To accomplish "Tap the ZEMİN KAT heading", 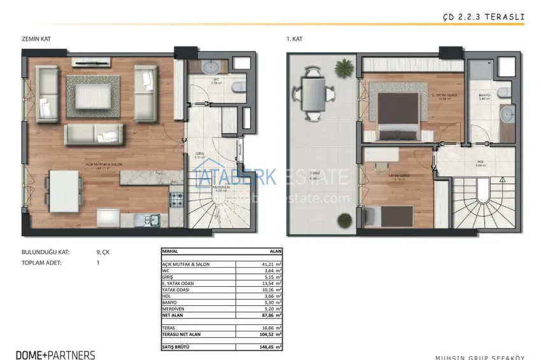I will point(36,39).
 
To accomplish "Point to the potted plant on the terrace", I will point(344,67).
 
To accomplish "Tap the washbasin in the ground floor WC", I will point(209,67).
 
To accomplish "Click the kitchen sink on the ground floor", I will point(150,221).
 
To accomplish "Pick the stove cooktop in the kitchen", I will point(176,199).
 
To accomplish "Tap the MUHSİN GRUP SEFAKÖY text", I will point(479,357).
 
